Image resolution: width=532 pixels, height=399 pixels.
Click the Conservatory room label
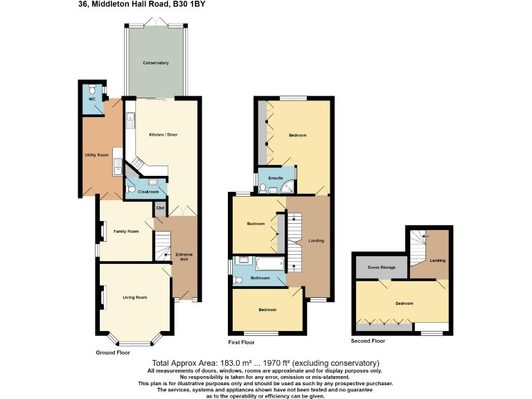(156, 63)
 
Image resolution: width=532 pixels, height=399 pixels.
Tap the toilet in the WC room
(92, 91)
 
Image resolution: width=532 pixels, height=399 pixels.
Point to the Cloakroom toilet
(131, 189)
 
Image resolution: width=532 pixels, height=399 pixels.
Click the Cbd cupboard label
(159, 207)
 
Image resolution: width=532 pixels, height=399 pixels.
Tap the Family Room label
(126, 231)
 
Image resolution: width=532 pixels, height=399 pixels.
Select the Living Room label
(135, 297)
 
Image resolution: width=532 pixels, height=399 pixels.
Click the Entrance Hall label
(184, 256)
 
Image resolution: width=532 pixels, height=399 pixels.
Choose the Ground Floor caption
(113, 353)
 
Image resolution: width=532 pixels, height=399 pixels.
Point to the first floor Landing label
(316, 240)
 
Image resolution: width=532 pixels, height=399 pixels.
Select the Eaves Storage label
(382, 266)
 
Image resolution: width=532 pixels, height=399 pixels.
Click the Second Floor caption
(368, 341)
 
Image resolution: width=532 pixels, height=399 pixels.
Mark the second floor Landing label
(437, 260)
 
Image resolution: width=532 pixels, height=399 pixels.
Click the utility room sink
(118, 165)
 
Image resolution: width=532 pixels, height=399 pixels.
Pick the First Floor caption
(241, 342)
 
